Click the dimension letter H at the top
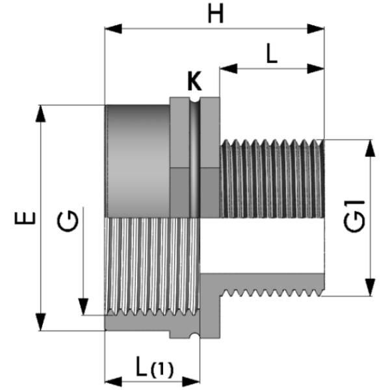[x=216, y=14]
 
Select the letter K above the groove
[x=194, y=81]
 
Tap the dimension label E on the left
[x=25, y=218]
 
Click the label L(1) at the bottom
[x=155, y=367]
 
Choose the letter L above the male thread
[x=272, y=53]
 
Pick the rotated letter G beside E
[x=68, y=221]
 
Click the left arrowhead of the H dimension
[x=113, y=29]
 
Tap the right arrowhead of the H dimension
[x=316, y=29]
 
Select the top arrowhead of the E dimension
[x=40, y=114]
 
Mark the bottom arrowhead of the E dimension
[x=40, y=322]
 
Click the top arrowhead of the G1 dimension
[x=370, y=148]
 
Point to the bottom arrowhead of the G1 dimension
[x=370, y=287]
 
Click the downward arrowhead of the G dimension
[x=83, y=307]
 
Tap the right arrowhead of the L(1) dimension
[x=191, y=382]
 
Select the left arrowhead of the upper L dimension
[x=228, y=69]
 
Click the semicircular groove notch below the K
[x=195, y=99]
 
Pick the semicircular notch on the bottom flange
[x=195, y=336]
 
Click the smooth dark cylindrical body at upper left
[x=138, y=161]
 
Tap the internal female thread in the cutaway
[x=152, y=266]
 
